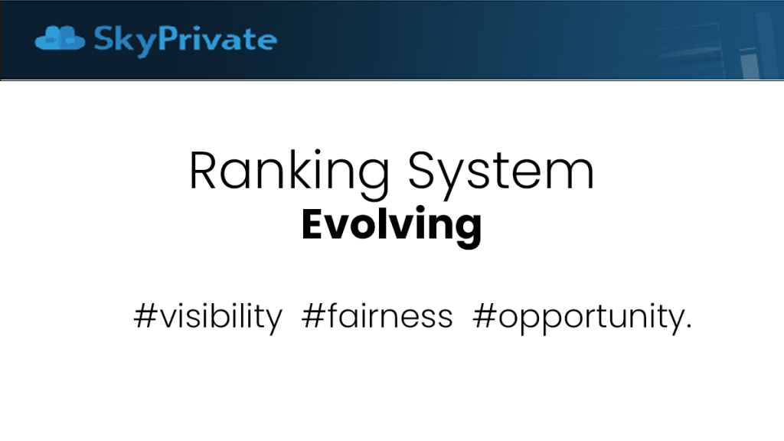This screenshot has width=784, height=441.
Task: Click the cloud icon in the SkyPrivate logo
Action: click(x=60, y=38)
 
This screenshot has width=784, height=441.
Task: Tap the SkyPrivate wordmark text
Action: click(x=185, y=41)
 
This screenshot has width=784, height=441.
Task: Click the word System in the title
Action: click(x=501, y=173)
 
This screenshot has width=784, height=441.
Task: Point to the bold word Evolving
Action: click(x=391, y=225)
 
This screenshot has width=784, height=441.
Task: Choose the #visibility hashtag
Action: click(x=208, y=317)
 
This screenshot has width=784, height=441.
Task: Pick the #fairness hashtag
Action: click(x=377, y=316)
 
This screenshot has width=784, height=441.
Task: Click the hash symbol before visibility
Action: click(x=145, y=316)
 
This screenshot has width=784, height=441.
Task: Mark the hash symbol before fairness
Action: click(x=313, y=316)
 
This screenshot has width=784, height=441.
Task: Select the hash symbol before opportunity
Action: click(x=485, y=316)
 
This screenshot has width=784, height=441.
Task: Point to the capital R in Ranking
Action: click(x=202, y=170)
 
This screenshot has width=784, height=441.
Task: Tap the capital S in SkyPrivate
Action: click(x=104, y=38)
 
